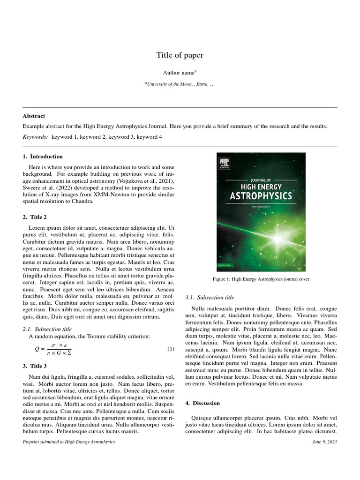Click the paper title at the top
(x=180, y=55)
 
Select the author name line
(x=180, y=73)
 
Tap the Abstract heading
(x=34, y=116)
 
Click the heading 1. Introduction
(x=43, y=157)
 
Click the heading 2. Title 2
(x=35, y=217)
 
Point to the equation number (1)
(x=171, y=349)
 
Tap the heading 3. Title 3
(x=35, y=366)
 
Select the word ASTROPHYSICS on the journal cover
(x=261, y=195)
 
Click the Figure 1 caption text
(x=261, y=279)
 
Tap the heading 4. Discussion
(x=202, y=403)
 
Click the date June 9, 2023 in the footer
(x=324, y=442)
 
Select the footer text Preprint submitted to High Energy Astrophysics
(x=69, y=442)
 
